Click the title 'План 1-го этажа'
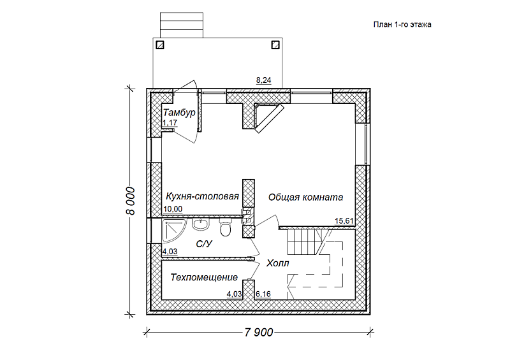click(402, 25)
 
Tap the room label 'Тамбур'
click(179, 113)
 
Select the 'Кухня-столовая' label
click(202, 196)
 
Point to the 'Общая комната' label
click(305, 197)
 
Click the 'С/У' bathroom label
click(204, 243)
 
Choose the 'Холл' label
click(277, 263)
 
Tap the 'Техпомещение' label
click(204, 277)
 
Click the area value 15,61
click(344, 221)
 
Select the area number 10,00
click(173, 209)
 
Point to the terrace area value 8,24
click(263, 80)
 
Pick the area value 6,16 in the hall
click(263, 294)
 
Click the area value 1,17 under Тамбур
click(170, 122)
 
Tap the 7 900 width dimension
click(259, 333)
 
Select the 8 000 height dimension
click(130, 201)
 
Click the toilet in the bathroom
click(225, 227)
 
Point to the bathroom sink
click(201, 224)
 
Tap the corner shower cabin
click(173, 231)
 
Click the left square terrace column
click(160, 45)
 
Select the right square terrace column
click(275, 45)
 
